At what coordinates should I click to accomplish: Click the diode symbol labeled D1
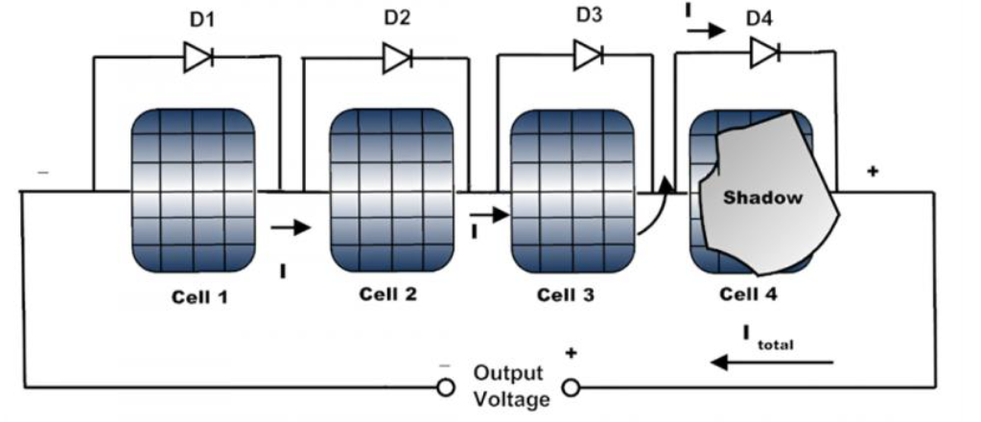coord(199,57)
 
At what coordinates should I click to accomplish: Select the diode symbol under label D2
coord(397,59)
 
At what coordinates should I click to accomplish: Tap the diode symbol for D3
coord(589,54)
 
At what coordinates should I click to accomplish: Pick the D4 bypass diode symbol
coord(764,52)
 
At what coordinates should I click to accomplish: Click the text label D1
coord(202,20)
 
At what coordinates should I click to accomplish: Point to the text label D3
coord(589,14)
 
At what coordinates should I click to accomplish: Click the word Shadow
coord(762,198)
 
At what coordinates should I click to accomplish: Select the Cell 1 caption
coord(199,296)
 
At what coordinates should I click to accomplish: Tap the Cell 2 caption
coord(388,293)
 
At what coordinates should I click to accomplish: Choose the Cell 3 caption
coord(566,294)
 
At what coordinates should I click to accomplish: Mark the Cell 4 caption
coord(748,293)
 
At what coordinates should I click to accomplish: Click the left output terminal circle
coord(446,388)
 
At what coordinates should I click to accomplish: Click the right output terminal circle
coord(572,388)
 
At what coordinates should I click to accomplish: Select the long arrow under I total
coord(773,362)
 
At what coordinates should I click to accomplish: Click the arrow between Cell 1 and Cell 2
coord(291,227)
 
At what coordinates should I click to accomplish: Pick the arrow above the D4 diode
coord(707,30)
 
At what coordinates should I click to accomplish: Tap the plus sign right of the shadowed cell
coord(872,172)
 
